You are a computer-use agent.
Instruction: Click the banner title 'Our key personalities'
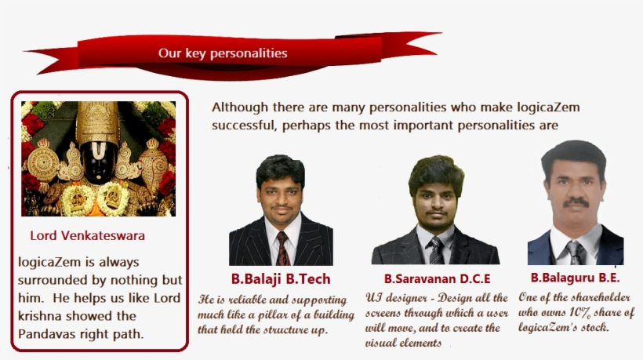223,53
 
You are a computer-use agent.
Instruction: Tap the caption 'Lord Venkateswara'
87,236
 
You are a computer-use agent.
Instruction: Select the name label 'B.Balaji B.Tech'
281,278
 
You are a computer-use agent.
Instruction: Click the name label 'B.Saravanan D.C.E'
437,278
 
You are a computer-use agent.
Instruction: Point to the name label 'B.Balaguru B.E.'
575,278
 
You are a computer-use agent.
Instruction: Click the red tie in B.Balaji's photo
282,248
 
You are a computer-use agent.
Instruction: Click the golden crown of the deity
98,122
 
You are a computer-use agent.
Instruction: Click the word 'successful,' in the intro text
245,125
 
